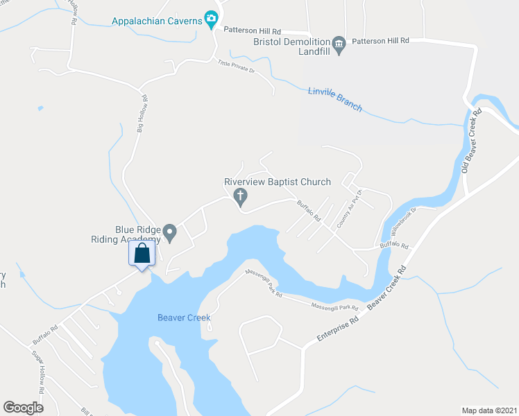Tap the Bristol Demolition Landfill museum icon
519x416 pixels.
point(339,46)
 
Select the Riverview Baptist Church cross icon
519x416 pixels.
point(241,198)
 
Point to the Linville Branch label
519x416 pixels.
point(335,98)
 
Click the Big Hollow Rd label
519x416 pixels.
point(143,114)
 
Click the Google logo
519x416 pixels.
point(23,408)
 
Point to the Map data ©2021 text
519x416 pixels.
point(488,410)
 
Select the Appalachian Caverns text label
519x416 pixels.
point(157,21)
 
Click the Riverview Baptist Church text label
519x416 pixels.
point(277,182)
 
